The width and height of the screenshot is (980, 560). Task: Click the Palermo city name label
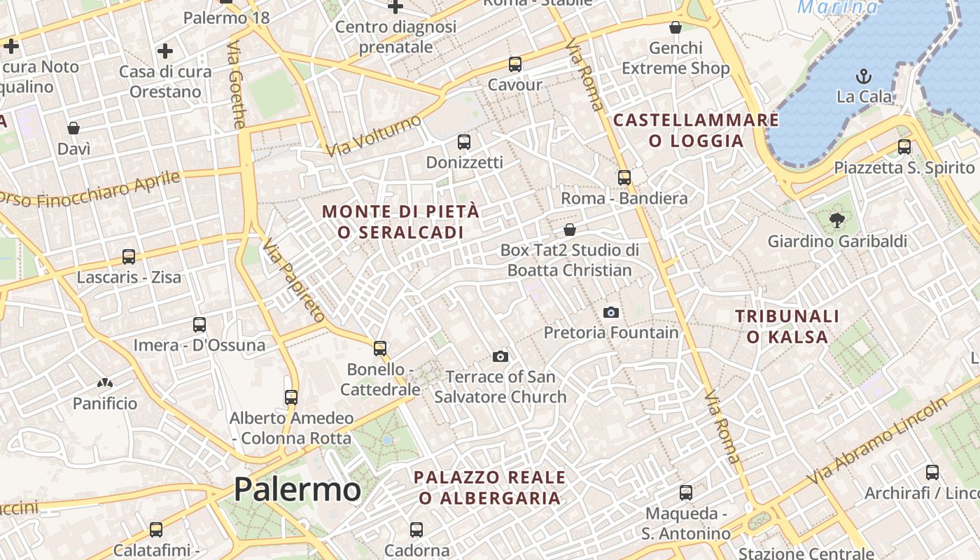(x=297, y=489)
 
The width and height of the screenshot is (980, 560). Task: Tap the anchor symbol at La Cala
(x=864, y=76)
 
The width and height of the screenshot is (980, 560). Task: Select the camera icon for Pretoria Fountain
(x=611, y=312)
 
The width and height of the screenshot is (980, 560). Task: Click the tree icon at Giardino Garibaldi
(x=836, y=221)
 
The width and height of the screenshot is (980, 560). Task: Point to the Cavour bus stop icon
(x=515, y=64)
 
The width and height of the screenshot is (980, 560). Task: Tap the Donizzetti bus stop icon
(x=463, y=142)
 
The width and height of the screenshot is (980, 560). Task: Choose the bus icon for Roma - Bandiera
(x=624, y=178)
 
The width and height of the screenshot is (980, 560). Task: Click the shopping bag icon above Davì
(x=73, y=128)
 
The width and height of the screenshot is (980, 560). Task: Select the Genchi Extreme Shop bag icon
(x=675, y=27)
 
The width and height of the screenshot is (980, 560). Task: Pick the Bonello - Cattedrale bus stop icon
(x=380, y=348)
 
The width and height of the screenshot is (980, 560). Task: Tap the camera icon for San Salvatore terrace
(x=500, y=356)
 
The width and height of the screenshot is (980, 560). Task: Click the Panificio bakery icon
(x=105, y=383)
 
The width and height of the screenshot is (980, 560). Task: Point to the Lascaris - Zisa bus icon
(x=129, y=257)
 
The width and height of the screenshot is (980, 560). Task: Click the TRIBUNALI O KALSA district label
(x=787, y=327)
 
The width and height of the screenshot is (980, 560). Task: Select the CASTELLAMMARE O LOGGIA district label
(x=696, y=130)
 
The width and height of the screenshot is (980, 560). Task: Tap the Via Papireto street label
(x=294, y=280)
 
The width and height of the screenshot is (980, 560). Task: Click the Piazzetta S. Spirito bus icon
(x=904, y=147)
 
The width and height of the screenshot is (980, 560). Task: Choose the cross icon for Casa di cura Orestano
(x=165, y=51)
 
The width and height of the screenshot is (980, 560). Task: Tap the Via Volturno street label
(x=374, y=136)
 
